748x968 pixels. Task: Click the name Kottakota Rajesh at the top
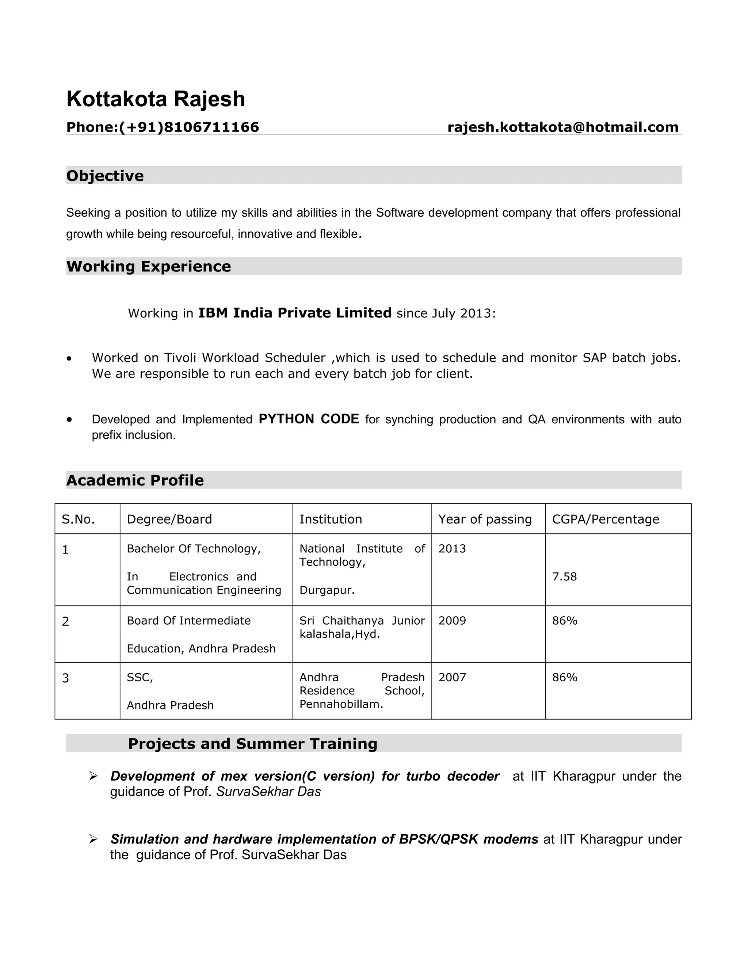[x=156, y=99]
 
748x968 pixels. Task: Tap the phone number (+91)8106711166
[x=189, y=127]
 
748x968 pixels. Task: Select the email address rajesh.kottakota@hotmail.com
[x=563, y=127]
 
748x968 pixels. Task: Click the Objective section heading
[x=105, y=176]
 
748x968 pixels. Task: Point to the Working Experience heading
[x=148, y=266]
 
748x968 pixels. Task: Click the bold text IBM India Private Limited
[x=294, y=313]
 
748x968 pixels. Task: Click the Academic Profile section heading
[x=135, y=480]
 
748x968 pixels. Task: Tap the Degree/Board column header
[x=169, y=519]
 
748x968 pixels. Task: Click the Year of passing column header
[x=485, y=519]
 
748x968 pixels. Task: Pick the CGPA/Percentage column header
[x=605, y=519]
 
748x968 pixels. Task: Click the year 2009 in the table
[x=452, y=621]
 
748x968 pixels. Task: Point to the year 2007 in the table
[x=452, y=677]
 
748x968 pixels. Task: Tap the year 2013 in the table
[x=452, y=549]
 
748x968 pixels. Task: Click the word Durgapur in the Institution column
[x=326, y=590]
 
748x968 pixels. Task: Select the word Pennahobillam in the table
[x=339, y=704]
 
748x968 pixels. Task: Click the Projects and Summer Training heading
[x=253, y=744]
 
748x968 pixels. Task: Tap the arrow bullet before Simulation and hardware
[x=93, y=839]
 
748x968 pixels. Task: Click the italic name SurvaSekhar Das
[x=268, y=792]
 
